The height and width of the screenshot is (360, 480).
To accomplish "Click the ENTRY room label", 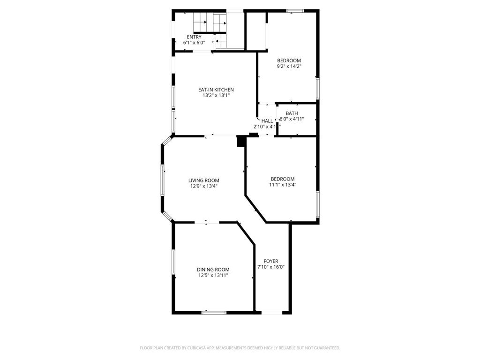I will coord(194,37).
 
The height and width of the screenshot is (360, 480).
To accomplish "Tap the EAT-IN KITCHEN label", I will coord(216,90).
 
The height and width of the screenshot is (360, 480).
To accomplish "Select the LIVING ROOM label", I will coord(203,180).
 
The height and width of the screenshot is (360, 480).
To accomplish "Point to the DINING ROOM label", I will coord(213,270).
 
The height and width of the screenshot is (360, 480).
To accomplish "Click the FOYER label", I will coord(271,261).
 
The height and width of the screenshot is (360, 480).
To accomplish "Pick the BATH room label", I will coord(292,113).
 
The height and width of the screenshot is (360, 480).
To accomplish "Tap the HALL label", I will coord(267,121).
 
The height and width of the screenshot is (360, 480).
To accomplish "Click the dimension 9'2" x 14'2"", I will coord(289,67).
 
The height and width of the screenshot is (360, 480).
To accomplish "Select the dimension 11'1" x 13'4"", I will coord(282,185).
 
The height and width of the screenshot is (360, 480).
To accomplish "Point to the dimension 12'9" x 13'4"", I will coord(203,186).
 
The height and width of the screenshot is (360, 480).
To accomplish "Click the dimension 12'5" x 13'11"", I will coord(213,276).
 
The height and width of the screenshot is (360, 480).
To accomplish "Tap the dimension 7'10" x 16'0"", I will coord(271,267).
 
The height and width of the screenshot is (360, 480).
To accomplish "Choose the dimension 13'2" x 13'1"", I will coord(216,96).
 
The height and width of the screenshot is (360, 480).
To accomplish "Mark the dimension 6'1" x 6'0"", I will coord(194,43).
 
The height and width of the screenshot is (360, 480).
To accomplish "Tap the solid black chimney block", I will coord(241,141).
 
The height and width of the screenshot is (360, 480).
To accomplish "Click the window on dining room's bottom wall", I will coord(214,312).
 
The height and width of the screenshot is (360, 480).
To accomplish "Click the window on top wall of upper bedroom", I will coord(295,11).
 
